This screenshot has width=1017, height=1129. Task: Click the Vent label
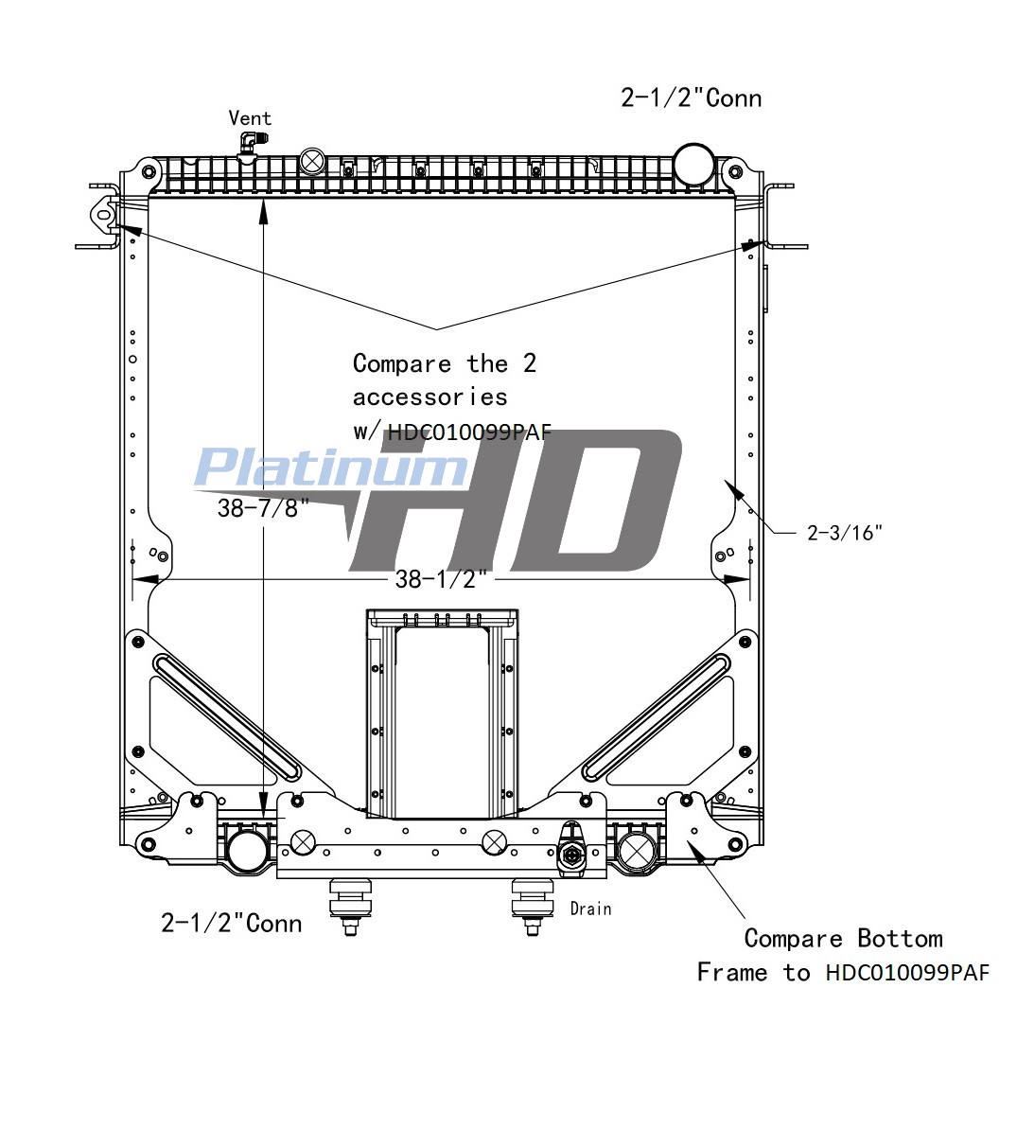[x=250, y=118]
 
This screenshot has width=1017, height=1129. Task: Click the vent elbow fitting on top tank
[x=248, y=143]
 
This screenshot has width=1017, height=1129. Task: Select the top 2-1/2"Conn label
[x=691, y=97]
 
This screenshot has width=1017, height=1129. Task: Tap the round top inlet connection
[x=693, y=164]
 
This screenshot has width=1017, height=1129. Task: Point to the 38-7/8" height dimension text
[x=263, y=508]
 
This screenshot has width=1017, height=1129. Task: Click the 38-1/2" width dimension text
[x=441, y=579]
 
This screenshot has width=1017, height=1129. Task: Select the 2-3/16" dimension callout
[x=844, y=533]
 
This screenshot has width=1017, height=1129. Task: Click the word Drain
[x=591, y=909]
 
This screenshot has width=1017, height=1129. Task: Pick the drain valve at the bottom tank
[x=573, y=851]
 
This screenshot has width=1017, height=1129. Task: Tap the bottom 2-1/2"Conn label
[x=231, y=923]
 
